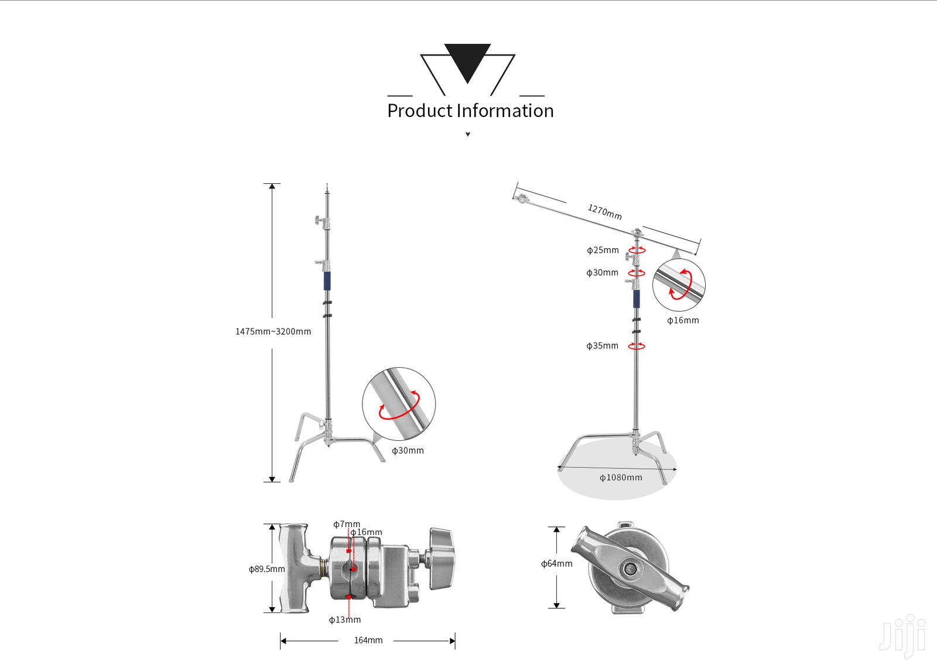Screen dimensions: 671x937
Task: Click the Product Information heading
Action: point(470,111)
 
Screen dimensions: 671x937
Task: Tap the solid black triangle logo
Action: point(467,61)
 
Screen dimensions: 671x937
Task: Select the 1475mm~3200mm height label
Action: point(273,331)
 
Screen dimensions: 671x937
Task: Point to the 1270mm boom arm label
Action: point(604,211)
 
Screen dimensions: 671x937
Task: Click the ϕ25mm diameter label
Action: point(603,250)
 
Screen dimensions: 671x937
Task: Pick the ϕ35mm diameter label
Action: point(602,345)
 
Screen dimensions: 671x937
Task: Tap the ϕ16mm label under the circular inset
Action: point(683,320)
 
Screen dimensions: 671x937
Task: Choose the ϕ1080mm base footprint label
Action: point(621,477)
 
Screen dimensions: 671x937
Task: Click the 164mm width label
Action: point(368,640)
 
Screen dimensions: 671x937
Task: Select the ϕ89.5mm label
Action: point(266,569)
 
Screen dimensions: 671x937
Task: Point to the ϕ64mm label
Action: point(556,564)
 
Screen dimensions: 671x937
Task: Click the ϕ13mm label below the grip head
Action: point(344,619)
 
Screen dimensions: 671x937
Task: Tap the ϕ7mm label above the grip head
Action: point(346,523)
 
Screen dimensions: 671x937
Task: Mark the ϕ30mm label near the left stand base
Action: point(408,450)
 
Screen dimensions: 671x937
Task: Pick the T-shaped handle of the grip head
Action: point(296,568)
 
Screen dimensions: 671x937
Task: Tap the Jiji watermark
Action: point(902,634)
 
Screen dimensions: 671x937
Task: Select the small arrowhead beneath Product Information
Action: point(467,135)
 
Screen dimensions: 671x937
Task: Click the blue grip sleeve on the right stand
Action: point(636,299)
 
